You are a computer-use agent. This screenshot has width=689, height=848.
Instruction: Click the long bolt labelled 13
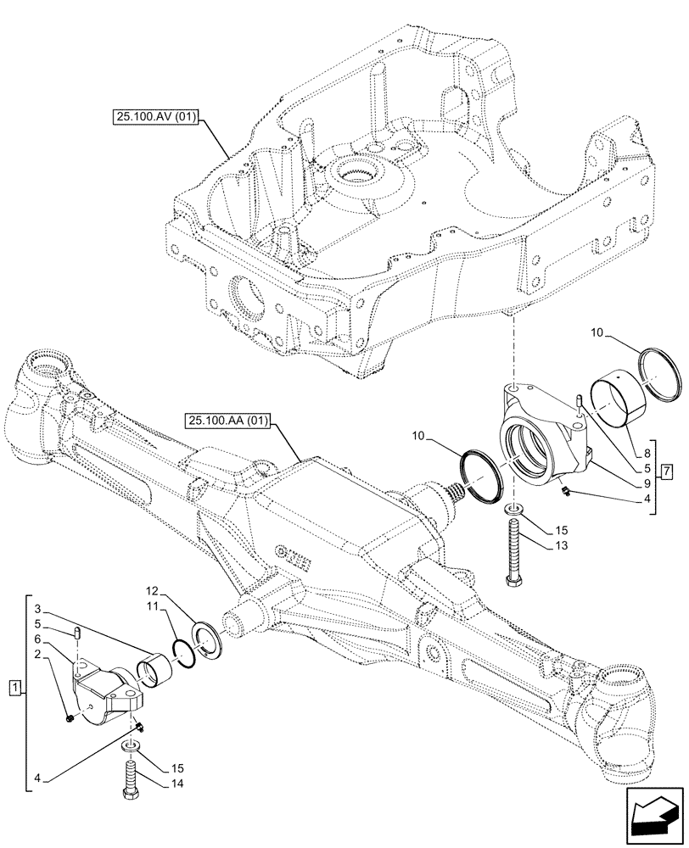point(514,552)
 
